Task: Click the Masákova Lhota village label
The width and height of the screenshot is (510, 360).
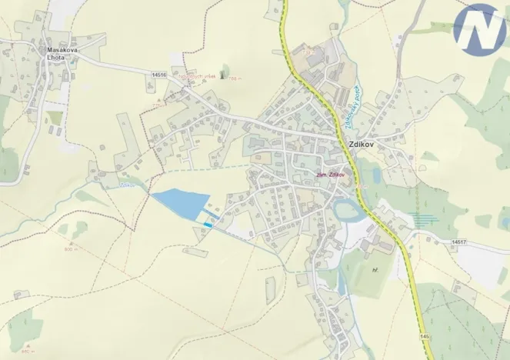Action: point(61,55)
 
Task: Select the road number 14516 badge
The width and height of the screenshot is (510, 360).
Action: point(160,75)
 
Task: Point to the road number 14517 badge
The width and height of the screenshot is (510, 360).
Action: point(459,242)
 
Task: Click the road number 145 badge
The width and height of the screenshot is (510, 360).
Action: point(425,336)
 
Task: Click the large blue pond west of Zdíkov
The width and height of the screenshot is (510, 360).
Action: point(181,204)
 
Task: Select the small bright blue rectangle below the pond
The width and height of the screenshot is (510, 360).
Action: point(208,224)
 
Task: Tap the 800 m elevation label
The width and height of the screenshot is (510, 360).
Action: point(72,249)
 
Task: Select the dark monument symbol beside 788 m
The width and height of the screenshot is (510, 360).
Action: point(223,75)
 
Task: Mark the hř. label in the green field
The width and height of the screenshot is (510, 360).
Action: point(375,270)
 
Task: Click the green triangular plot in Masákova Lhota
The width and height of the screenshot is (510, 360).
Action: point(55,117)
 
